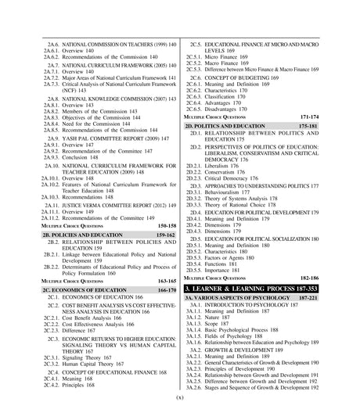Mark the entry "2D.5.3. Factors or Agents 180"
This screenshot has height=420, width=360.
tap(224, 279)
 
